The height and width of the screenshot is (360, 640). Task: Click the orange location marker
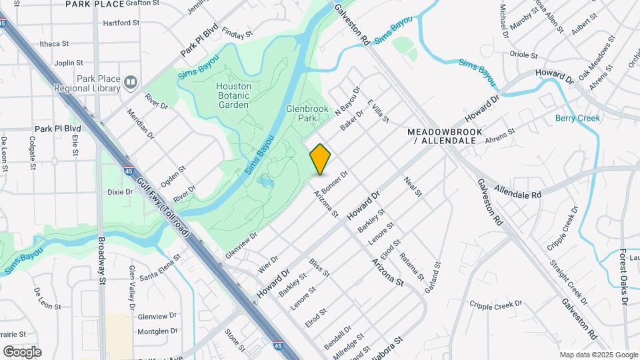321,159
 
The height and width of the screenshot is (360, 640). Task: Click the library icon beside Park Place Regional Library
131,83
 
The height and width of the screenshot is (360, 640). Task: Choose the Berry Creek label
577,118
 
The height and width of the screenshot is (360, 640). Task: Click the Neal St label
413,187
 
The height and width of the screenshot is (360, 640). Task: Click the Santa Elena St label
160,265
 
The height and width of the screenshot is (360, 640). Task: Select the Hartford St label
121,23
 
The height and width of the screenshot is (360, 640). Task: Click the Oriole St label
523,55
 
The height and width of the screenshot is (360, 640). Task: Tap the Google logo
22,352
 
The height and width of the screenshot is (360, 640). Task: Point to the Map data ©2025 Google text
597,355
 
